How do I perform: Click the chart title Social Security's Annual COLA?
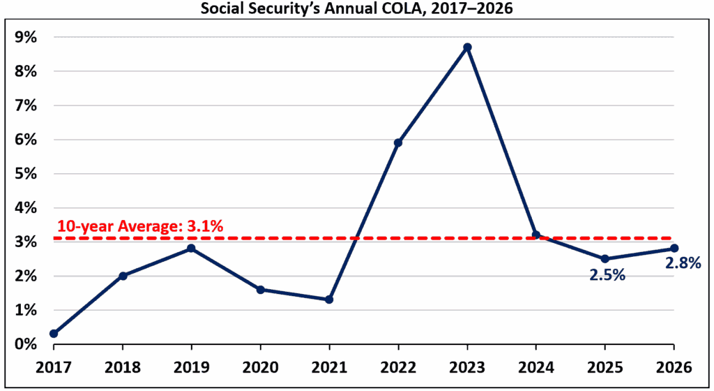point(356,9)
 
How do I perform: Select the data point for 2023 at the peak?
point(467,47)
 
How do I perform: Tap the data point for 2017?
point(54,334)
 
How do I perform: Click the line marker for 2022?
point(398,142)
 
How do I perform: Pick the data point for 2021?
point(329,300)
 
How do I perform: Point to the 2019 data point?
point(191,249)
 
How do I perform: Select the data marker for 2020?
point(260,289)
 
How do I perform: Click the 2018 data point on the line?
point(123,276)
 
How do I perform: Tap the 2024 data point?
point(535,235)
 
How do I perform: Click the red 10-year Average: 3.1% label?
point(139,226)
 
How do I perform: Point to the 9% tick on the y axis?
point(26,37)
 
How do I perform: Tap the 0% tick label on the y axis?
point(26,344)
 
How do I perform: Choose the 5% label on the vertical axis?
point(26,174)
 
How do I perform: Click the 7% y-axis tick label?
point(26,105)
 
